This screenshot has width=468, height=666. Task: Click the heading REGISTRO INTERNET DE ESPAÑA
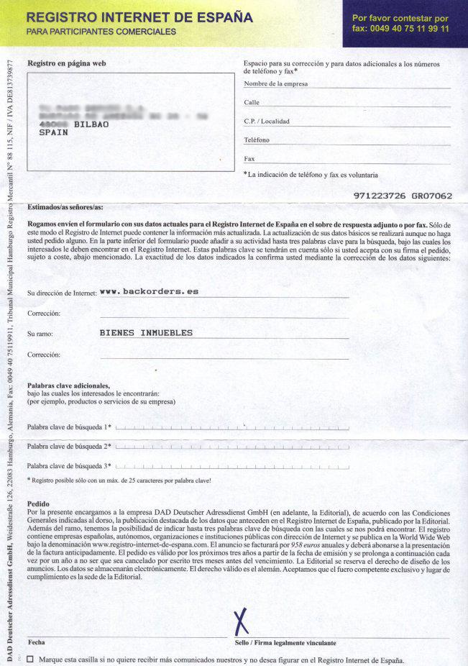point(139,16)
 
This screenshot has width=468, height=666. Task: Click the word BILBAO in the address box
point(91,124)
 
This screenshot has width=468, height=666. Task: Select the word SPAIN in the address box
point(53,133)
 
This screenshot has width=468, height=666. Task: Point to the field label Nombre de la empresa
point(276,84)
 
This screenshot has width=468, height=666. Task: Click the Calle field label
point(252,103)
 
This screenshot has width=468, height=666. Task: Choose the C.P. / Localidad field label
point(267,121)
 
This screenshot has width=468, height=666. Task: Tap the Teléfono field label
point(257,140)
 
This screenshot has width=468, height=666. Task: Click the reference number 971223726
point(379,195)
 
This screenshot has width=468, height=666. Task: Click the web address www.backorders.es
point(149,291)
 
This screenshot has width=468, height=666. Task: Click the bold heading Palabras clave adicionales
point(68,386)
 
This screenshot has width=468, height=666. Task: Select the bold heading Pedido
point(38,503)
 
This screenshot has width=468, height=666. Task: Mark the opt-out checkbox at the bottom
point(29,659)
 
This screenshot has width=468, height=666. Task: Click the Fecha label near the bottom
point(36,642)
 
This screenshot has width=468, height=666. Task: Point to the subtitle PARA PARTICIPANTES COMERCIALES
point(101,32)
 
